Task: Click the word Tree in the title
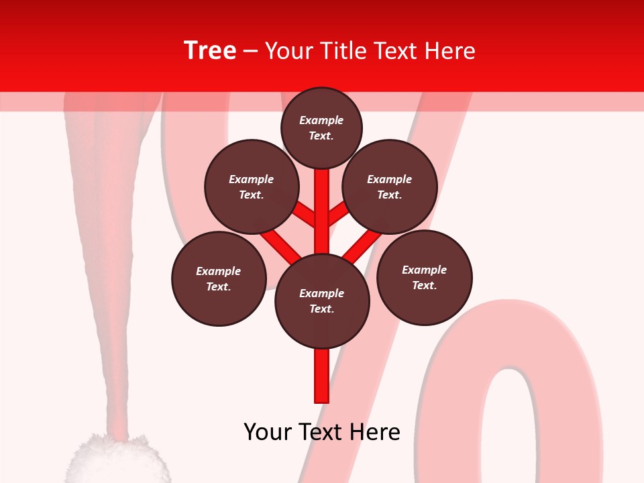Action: [x=210, y=51]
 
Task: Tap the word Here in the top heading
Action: [x=451, y=51]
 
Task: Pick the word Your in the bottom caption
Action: [x=268, y=432]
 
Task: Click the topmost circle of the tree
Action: [x=321, y=127]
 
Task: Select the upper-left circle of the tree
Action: [x=252, y=186]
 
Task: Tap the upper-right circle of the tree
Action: [x=390, y=186]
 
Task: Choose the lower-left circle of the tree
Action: [x=219, y=278]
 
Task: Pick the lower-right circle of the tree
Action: [x=425, y=277]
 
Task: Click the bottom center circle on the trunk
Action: [x=322, y=301]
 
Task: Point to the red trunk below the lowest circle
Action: [x=322, y=376]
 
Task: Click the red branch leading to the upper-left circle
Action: [x=305, y=215]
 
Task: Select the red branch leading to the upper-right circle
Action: [x=337, y=215]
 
